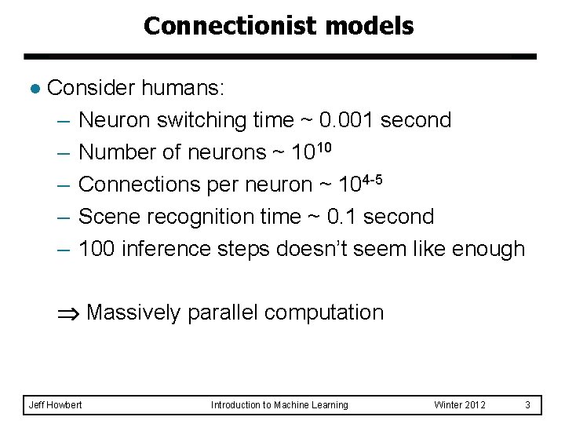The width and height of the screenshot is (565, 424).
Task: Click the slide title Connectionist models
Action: pos(279,26)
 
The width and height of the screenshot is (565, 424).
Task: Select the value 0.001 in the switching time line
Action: pos(349,120)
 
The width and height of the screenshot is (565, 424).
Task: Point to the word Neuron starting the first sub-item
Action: pos(115,120)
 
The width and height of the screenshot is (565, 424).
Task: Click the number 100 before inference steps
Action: pos(96,249)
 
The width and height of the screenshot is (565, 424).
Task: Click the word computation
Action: pos(324,313)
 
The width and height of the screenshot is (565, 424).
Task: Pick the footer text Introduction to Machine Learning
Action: pos(279,404)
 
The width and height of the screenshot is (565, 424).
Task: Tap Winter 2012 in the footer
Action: pos(460,404)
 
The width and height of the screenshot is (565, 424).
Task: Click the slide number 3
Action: pos(528,404)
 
